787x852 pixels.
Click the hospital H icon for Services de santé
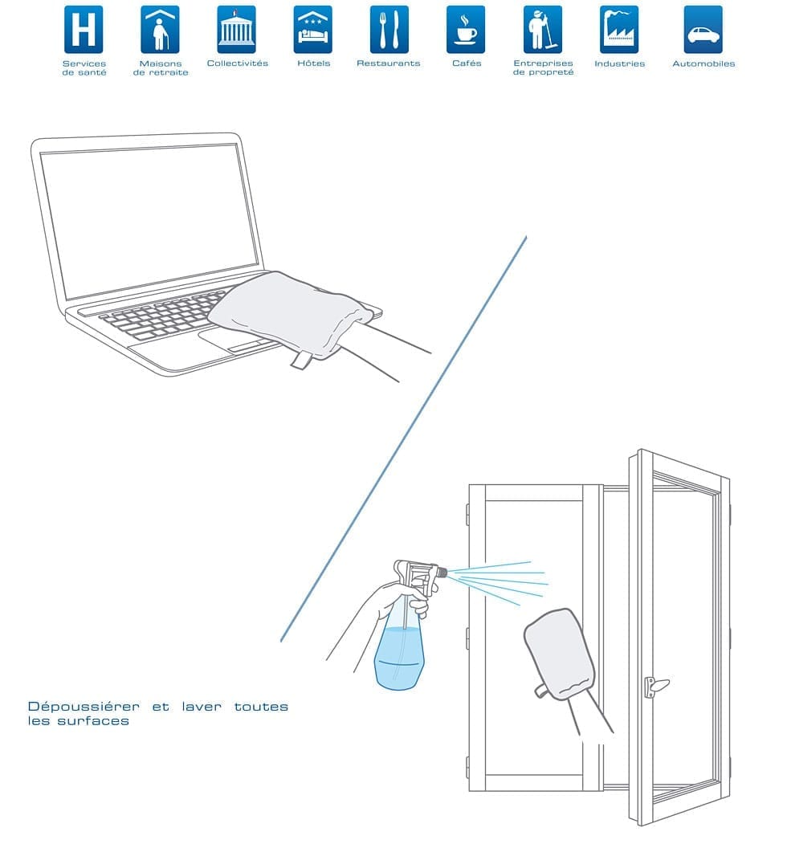[84, 30]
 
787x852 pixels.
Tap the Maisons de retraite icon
[160, 30]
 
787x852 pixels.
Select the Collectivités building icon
[236, 30]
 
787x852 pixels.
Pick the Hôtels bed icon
[312, 30]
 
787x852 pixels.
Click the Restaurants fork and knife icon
[389, 30]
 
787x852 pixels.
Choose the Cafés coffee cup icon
[466, 30]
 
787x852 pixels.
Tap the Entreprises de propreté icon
[542, 30]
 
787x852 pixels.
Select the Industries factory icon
[619, 30]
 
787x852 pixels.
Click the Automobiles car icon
[703, 30]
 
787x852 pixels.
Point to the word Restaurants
[389, 63]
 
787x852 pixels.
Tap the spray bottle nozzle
[441, 573]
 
